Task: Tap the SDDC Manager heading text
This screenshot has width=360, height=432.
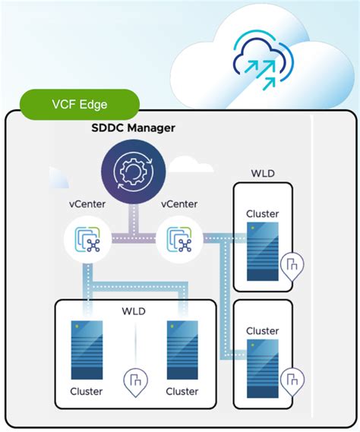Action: coord(134,128)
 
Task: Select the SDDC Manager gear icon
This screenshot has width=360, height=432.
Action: coord(133,172)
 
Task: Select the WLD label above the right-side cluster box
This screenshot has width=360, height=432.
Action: coord(263,174)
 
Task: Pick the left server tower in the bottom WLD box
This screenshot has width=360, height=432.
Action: coord(87,349)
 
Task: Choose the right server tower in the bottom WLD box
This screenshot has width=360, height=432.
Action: coord(182,349)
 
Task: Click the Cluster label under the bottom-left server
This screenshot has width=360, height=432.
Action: coord(87,391)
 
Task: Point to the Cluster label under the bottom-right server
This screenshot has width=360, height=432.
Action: coord(182,391)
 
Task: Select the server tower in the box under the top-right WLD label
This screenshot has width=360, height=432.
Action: coord(263,251)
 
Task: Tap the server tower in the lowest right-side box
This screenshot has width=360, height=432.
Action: coord(263,367)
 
